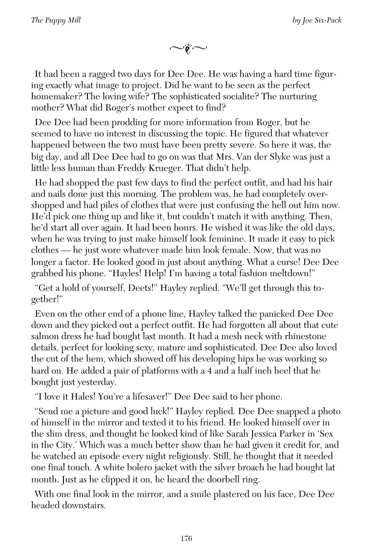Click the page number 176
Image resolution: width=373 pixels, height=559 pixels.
click(186, 539)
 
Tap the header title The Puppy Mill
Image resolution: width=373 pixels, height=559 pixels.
click(56, 20)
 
